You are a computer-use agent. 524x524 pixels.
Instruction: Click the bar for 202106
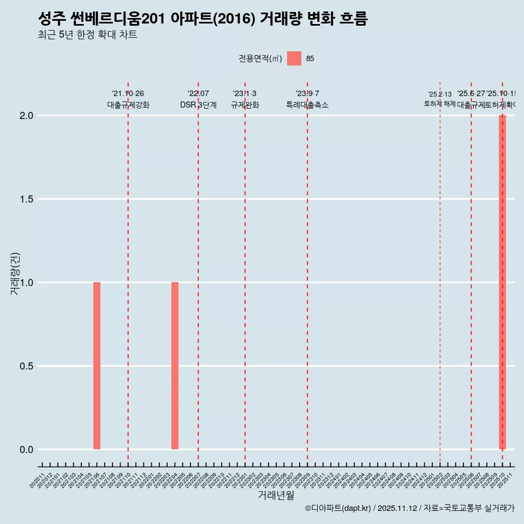pyautogui.click(x=97, y=366)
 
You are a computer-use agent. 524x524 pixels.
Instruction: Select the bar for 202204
pyautogui.click(x=175, y=366)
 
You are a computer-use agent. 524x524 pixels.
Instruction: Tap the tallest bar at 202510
pyautogui.click(x=502, y=282)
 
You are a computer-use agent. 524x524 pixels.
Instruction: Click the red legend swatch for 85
pyautogui.click(x=294, y=58)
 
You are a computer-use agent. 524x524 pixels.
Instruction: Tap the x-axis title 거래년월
pyautogui.click(x=276, y=496)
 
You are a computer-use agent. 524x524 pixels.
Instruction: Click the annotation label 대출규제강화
pyautogui.click(x=128, y=105)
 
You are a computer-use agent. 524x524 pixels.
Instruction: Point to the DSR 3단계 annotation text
pyautogui.click(x=198, y=105)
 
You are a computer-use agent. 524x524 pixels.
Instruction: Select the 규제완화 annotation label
pyautogui.click(x=245, y=105)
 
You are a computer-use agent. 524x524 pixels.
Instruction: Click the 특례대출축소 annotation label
pyautogui.click(x=307, y=105)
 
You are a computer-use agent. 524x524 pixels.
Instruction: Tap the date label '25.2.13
pyautogui.click(x=440, y=94)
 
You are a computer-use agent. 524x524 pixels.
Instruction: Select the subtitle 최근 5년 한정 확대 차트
pyautogui.click(x=87, y=35)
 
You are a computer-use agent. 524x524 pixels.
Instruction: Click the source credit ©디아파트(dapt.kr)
pyautogui.click(x=338, y=508)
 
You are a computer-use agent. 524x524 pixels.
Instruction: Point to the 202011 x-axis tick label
pyautogui.click(x=37, y=482)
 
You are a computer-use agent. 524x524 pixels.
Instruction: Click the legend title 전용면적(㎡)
pyautogui.click(x=260, y=59)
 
